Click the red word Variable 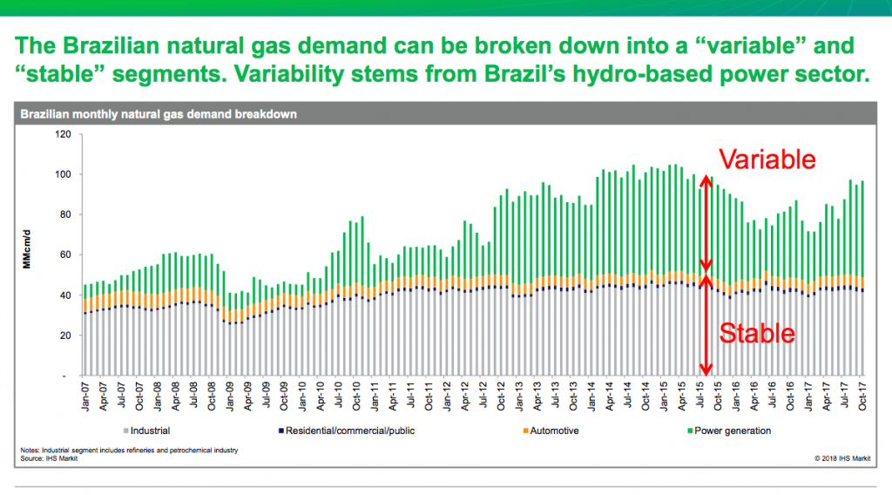coord(767,159)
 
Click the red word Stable coord(756,333)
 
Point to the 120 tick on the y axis coord(62,134)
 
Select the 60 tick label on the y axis coord(64,255)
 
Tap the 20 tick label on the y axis coord(64,336)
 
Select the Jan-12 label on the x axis coord(445,397)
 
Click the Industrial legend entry coord(149,431)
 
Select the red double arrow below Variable coord(706,222)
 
